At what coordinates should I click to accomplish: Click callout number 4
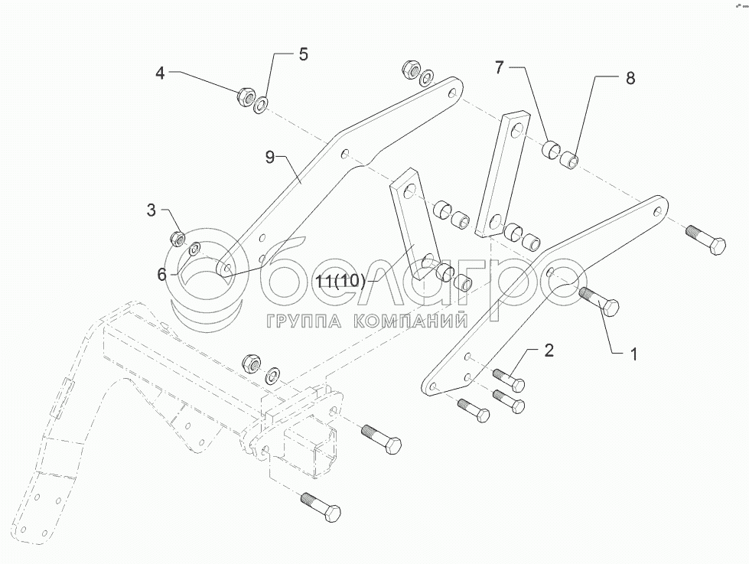(160, 73)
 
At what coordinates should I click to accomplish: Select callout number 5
(303, 54)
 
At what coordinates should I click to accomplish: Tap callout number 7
(499, 68)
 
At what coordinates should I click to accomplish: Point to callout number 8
(630, 78)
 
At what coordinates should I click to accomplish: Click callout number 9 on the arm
(270, 158)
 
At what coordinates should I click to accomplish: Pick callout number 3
(151, 210)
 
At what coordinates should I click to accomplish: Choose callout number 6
(161, 273)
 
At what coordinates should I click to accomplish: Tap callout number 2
(549, 351)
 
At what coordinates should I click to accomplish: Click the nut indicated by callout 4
(246, 97)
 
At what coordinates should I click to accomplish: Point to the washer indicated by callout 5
(261, 104)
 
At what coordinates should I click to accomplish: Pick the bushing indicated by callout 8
(568, 161)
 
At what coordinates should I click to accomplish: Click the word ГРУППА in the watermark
(298, 322)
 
